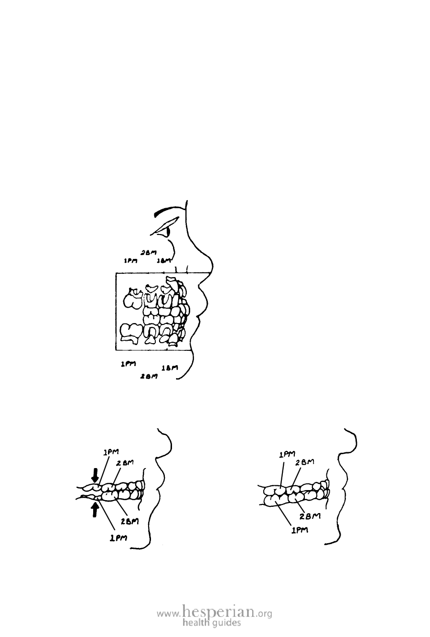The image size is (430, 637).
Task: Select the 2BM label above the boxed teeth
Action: click(149, 252)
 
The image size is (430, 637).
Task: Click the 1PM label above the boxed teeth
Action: click(131, 261)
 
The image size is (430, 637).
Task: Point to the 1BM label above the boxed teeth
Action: click(164, 261)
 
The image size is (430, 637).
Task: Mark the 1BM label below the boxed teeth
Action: click(170, 368)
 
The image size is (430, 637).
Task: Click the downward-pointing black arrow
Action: click(96, 475)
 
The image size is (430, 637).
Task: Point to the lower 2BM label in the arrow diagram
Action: click(130, 521)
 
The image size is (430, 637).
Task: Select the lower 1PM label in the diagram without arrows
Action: click(300, 530)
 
